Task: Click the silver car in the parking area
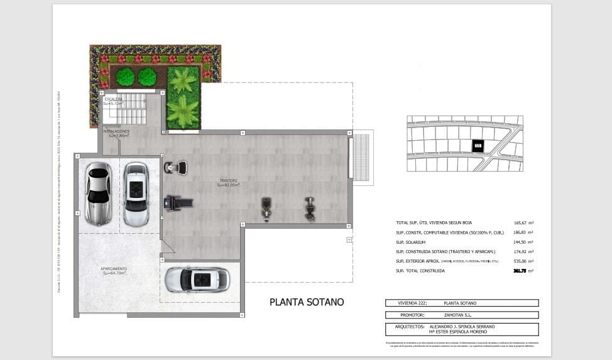click(x=98, y=194)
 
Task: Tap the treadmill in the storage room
click(x=177, y=202)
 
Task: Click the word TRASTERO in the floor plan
click(x=228, y=181)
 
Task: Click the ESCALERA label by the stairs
click(x=114, y=99)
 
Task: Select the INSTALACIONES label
click(x=117, y=131)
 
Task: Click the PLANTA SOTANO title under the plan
click(x=307, y=302)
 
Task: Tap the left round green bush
click(x=126, y=77)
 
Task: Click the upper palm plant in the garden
click(x=183, y=80)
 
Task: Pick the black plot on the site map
click(x=478, y=146)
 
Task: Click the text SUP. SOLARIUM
click(x=410, y=242)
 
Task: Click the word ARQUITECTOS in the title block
click(x=406, y=327)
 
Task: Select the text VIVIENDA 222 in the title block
click(x=403, y=303)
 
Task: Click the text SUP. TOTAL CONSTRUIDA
click(x=420, y=271)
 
